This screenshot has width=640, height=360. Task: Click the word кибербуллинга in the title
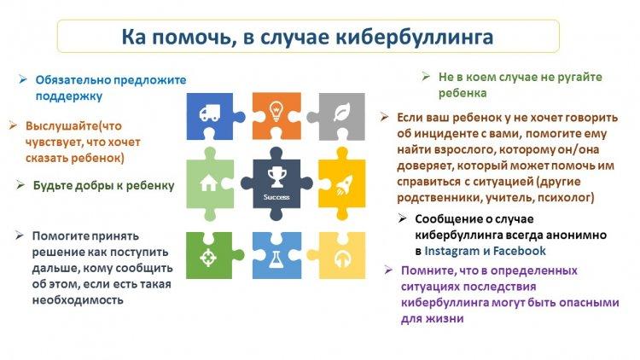tap(414, 38)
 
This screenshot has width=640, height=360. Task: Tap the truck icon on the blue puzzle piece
tap(210, 113)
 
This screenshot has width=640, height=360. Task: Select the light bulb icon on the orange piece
tap(276, 111)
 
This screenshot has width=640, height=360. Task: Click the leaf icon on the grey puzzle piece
tap(341, 112)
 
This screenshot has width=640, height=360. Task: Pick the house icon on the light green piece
tap(208, 183)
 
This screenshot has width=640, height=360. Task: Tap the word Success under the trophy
tap(276, 197)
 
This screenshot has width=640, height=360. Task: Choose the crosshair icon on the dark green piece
tap(208, 258)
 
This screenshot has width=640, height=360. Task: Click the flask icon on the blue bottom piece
tap(276, 259)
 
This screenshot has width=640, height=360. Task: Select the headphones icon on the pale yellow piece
tap(342, 258)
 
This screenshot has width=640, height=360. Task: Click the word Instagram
tap(451, 251)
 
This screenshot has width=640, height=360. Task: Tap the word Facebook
tap(519, 251)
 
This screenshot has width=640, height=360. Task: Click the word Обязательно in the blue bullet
tap(73, 80)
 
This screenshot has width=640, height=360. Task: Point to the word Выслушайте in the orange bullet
tap(62, 126)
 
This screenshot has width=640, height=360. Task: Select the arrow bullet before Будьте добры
tap(20, 185)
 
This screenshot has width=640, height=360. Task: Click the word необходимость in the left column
tap(78, 300)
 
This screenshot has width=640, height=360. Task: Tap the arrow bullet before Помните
tap(388, 270)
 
